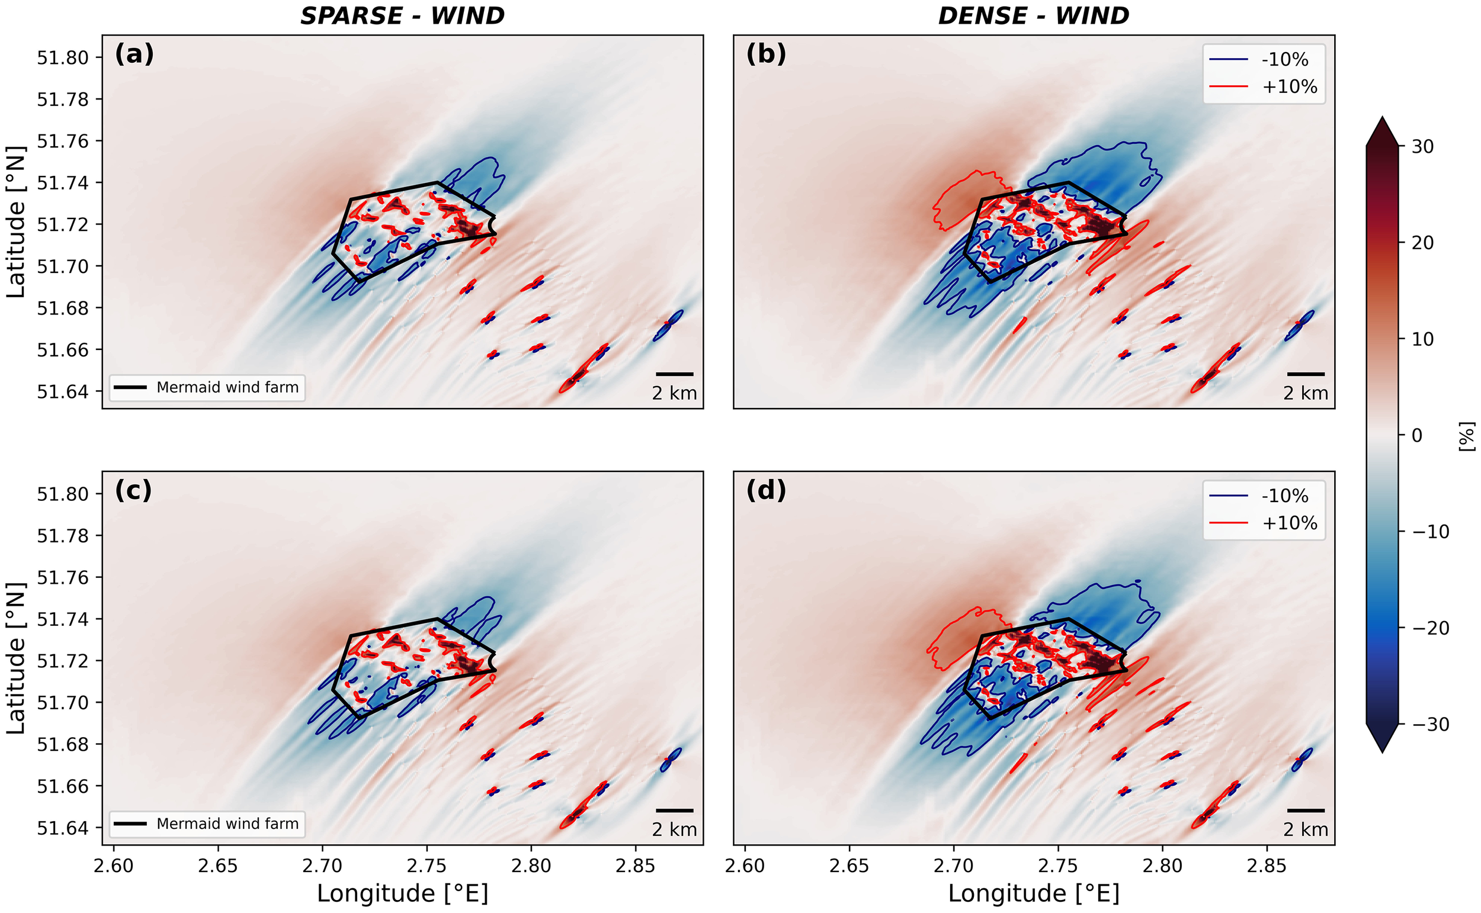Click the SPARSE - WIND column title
point(402,16)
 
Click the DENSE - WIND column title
point(1033,16)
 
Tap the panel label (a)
point(134,54)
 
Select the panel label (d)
point(766,490)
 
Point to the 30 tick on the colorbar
point(1422,147)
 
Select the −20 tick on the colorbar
point(1429,628)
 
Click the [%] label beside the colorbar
point(1467,436)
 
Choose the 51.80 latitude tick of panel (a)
point(62,58)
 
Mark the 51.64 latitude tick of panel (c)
point(62,828)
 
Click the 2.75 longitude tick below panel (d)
point(1057,866)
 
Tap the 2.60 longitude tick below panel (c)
point(114,866)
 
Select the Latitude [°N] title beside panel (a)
point(16,221)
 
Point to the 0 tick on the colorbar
point(1416,435)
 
